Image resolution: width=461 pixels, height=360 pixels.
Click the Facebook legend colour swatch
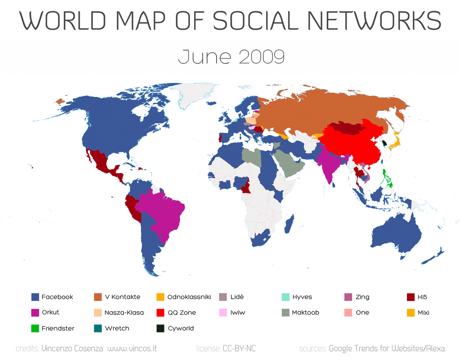pyautogui.click(x=35, y=297)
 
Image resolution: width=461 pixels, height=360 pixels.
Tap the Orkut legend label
pyautogui.click(x=50, y=312)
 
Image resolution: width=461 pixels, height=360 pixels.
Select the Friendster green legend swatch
pyautogui.click(x=35, y=328)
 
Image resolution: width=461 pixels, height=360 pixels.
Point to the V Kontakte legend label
pyautogui.click(x=122, y=297)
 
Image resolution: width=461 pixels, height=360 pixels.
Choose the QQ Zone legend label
pyautogui.click(x=181, y=312)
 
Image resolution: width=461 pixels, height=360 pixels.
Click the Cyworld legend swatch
pyautogui.click(x=160, y=328)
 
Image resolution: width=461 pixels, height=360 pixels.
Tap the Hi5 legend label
pyautogui.click(x=422, y=297)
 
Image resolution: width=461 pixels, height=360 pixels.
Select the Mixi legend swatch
pyautogui.click(x=410, y=312)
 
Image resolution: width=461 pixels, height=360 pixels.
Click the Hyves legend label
pyautogui.click(x=302, y=297)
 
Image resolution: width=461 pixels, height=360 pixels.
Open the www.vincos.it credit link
pyautogui.click(x=132, y=349)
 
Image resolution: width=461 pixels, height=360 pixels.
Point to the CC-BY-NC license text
pyautogui.click(x=239, y=349)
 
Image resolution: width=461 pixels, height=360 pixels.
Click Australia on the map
pyautogui.click(x=396, y=234)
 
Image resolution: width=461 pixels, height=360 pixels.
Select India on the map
pyautogui.click(x=331, y=164)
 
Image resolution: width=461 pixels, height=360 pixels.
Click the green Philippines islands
pyautogui.click(x=386, y=178)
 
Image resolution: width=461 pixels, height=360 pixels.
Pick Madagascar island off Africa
pyautogui.click(x=289, y=224)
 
